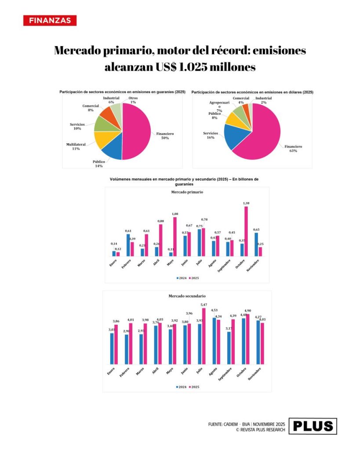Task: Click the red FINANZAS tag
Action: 50,21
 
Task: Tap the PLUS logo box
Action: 313,426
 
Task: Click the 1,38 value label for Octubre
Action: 246,203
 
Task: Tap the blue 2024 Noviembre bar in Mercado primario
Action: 256,244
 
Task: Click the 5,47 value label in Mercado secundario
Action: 203,305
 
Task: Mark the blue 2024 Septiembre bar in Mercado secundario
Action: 229,347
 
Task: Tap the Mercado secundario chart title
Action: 187,296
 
